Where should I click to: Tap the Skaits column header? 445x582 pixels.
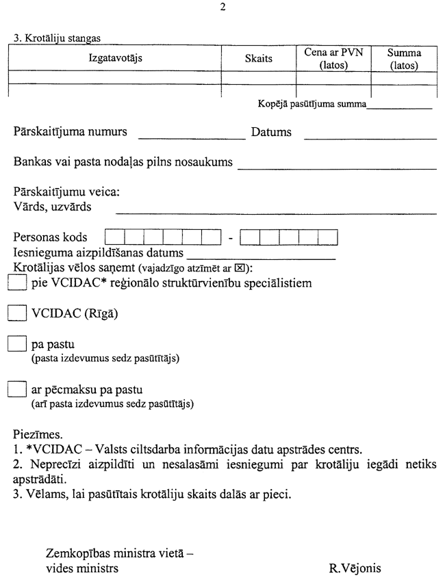(258, 59)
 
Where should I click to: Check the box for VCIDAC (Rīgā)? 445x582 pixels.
(16, 313)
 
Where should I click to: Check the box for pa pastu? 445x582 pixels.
(16, 344)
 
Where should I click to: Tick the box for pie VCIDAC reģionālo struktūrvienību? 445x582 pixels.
(16, 282)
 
